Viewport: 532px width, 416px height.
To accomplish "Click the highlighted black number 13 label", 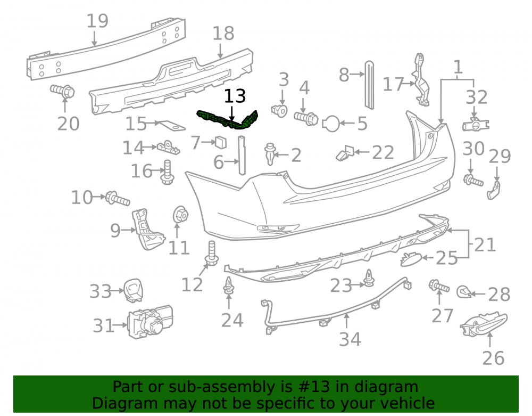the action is [x=235, y=96].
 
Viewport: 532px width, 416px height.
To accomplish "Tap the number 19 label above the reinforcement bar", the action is [x=97, y=21].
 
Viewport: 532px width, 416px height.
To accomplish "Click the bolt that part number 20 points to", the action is [x=62, y=91].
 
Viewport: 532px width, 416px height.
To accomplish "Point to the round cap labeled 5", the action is [x=331, y=124].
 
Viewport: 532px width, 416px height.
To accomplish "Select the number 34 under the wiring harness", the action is [x=350, y=339].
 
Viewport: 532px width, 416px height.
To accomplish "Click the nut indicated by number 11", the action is [x=180, y=215].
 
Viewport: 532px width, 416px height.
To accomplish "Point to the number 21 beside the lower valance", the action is [x=485, y=244].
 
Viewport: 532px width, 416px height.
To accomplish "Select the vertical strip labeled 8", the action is [x=370, y=85].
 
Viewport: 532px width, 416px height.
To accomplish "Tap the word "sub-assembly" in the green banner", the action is [x=222, y=387].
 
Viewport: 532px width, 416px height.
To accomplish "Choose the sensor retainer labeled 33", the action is [x=133, y=290].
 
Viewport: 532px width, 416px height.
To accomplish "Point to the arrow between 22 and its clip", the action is [x=362, y=152].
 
